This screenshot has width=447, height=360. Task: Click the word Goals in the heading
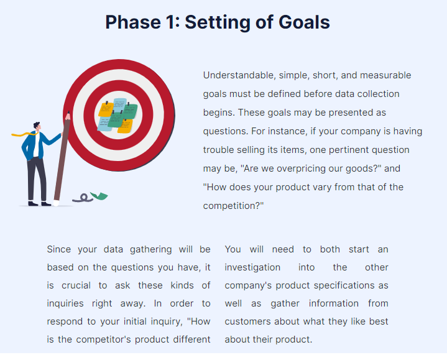[304, 22]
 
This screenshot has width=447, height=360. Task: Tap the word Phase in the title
[133, 22]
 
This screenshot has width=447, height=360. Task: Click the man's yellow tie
[24, 134]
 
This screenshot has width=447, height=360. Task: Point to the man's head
[37, 126]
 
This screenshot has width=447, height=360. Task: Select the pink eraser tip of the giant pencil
[68, 116]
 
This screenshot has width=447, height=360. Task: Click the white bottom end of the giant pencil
[56, 203]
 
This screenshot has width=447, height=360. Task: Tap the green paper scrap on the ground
[99, 196]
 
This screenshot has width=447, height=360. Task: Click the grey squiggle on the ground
[83, 198]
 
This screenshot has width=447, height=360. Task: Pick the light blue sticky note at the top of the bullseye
[120, 105]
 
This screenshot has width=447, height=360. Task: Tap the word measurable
[385, 75]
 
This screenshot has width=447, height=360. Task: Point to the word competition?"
[233, 206]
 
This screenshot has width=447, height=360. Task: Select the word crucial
[76, 285]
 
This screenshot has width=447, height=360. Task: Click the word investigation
[252, 267]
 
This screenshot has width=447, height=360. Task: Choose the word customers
[247, 321]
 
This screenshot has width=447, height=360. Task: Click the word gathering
[150, 249]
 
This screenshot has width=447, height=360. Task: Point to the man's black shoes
[40, 203]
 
